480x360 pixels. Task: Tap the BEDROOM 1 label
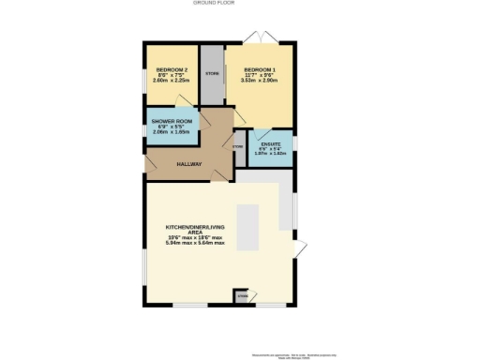260,70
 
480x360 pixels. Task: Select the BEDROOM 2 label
172,70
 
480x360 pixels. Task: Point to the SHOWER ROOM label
171,121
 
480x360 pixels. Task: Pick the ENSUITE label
271,143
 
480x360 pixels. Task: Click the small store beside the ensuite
237,146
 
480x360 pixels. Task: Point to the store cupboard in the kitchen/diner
242,296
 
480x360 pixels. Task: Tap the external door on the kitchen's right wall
300,247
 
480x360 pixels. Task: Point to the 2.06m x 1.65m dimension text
171,132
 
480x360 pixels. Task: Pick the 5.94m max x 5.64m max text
194,243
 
